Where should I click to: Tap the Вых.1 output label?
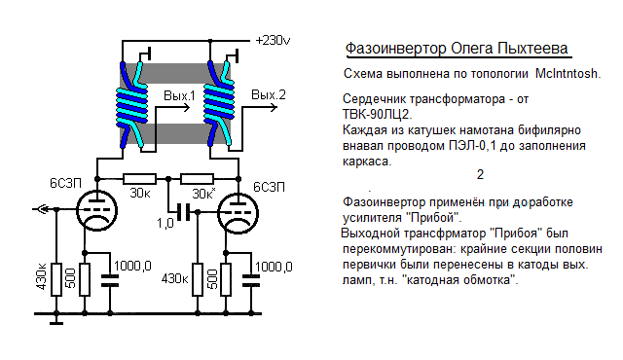[x=179, y=95]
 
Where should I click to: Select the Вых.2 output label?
[x=269, y=94]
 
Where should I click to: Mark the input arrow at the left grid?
[x=40, y=208]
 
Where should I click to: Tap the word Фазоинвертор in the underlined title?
[x=398, y=49]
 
